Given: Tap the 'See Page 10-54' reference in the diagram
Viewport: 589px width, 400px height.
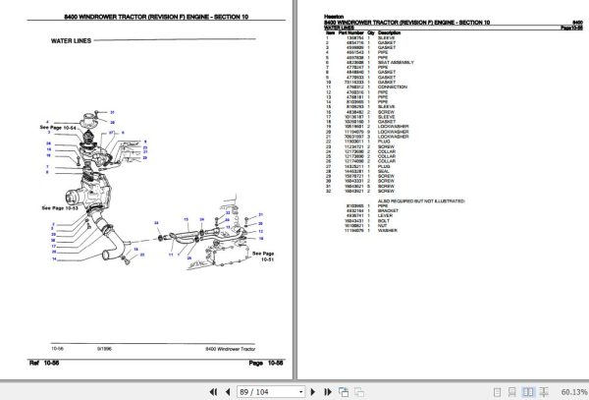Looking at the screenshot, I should (x=56, y=128).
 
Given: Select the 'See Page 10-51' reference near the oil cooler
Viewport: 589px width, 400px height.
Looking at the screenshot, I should (x=262, y=256).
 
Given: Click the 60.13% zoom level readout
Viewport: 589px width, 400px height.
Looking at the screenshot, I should (x=567, y=390).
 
